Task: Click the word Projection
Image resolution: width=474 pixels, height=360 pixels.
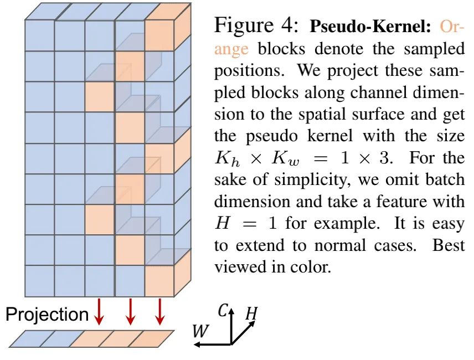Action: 47,315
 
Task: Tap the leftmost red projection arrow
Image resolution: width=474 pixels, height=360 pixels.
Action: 99,312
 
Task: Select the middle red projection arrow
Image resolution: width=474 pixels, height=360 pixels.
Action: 130,312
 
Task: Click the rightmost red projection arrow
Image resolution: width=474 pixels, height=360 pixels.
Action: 160,312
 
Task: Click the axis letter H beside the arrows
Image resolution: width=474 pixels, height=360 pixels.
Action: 251,314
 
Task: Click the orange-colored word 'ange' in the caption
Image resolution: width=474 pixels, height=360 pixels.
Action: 231,49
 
